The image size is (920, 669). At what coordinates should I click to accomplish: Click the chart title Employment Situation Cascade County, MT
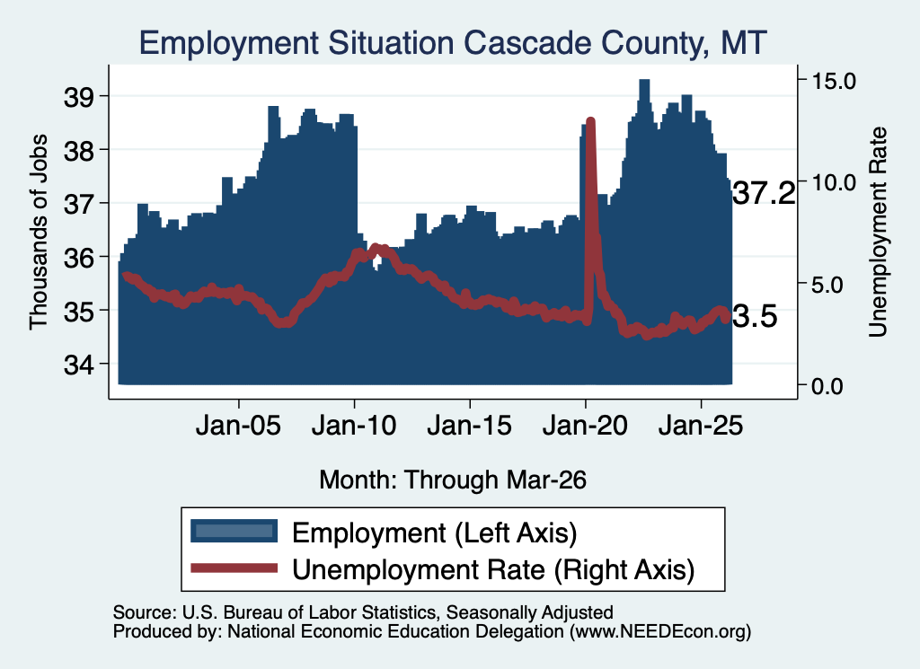453,43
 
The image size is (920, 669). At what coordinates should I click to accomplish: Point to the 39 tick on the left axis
79,97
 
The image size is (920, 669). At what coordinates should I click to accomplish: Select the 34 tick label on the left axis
79,365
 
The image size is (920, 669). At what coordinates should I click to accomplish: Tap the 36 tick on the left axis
79,258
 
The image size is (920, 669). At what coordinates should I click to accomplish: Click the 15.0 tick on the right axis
834,81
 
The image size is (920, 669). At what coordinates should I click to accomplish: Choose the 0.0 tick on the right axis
827,386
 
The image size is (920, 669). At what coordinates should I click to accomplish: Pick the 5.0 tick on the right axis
827,286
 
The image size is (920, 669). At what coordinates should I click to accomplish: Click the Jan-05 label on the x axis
238,426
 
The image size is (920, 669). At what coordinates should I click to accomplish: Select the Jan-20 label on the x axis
585,426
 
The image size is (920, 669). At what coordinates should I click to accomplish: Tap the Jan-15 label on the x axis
469,426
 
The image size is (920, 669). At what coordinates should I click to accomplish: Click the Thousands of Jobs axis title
38,233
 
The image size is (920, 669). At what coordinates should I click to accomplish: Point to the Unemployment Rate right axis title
878,233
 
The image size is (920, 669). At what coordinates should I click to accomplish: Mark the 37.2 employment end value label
764,193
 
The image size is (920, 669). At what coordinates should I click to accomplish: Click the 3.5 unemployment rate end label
755,317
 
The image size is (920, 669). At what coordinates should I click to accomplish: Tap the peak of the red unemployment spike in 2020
591,122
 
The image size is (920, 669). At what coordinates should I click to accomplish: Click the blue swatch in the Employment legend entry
234,531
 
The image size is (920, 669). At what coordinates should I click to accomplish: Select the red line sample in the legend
234,568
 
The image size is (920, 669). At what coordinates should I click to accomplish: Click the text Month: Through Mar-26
453,480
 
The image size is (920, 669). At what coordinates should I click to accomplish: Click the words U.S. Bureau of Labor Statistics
309,612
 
